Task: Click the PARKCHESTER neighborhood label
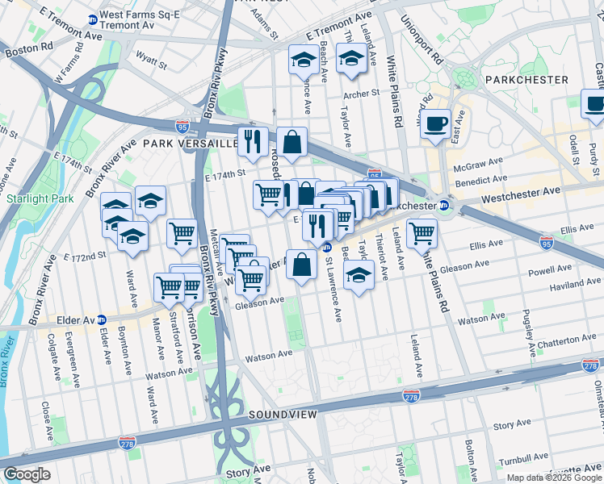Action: point(527,80)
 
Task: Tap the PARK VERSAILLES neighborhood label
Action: point(191,143)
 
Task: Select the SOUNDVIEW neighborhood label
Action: point(282,414)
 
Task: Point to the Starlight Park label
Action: point(40,198)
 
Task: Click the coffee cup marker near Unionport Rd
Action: point(436,124)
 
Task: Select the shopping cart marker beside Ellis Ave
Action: point(422,233)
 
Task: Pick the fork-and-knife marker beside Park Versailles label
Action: point(253,141)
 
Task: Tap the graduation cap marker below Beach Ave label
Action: point(303,60)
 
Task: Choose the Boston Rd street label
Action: point(23,50)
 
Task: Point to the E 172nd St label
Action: point(87,257)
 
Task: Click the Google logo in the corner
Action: point(27,474)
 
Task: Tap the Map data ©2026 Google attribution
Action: point(554,478)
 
